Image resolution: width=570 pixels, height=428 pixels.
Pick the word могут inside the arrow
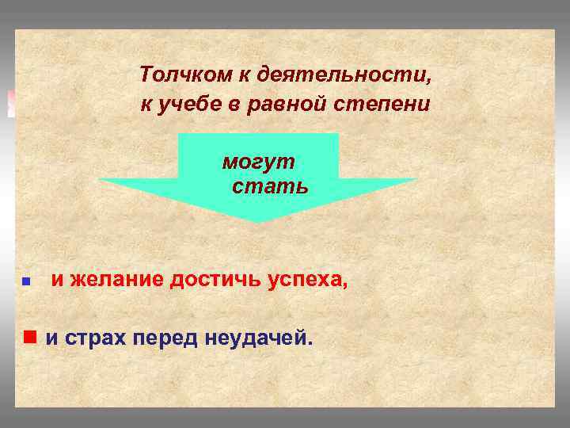[258, 162]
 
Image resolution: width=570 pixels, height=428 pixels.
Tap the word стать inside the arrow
[270, 188]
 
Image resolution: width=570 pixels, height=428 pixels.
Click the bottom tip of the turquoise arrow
[259, 221]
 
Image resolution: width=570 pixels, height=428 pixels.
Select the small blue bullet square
[26, 281]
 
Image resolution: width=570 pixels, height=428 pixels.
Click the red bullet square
[30, 337]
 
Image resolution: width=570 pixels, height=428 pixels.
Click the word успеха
[305, 279]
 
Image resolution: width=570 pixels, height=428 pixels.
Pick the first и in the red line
[57, 279]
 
